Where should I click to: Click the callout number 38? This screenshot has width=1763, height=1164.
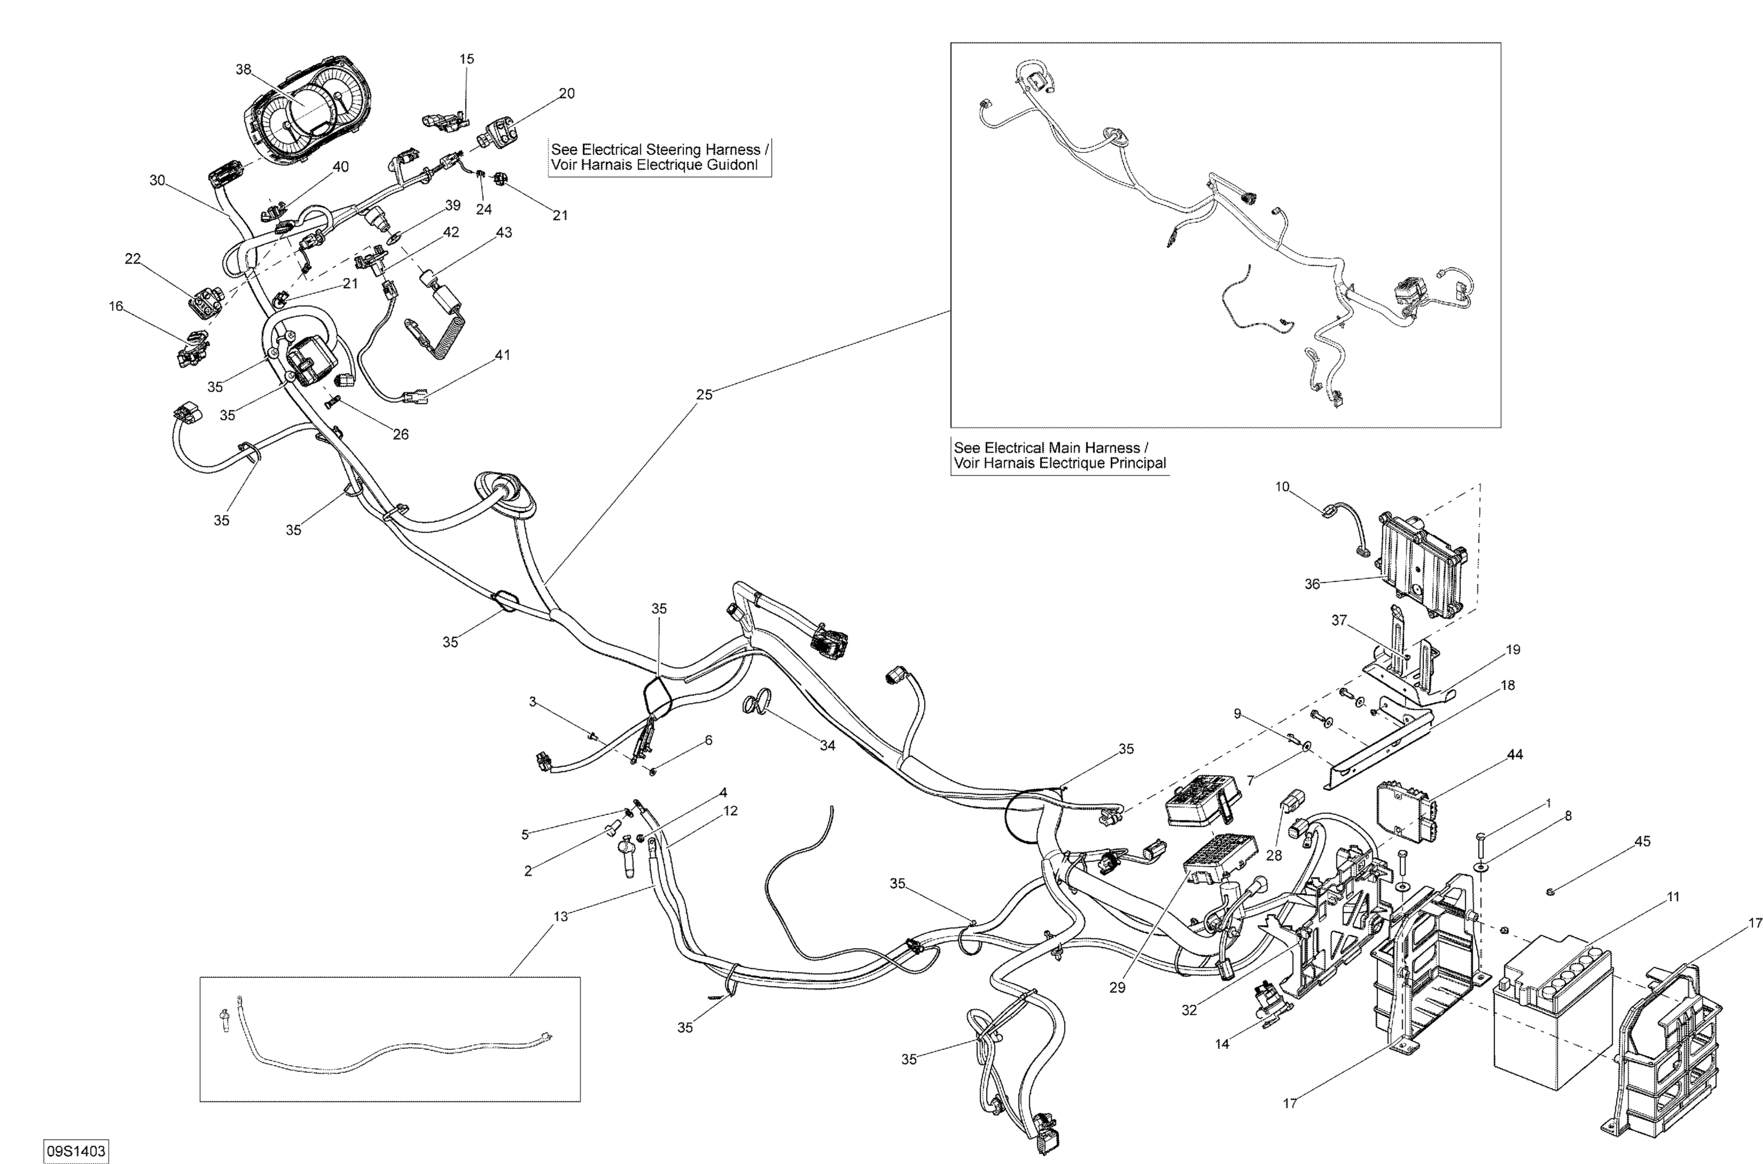(243, 69)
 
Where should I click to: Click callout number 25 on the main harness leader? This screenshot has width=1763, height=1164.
(703, 394)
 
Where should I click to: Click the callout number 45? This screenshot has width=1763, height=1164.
(1642, 841)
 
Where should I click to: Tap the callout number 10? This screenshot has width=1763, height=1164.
(1282, 487)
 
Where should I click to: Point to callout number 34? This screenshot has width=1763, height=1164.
(827, 745)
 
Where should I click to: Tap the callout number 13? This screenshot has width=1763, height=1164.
(561, 916)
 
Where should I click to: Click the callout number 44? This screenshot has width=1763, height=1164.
(1514, 754)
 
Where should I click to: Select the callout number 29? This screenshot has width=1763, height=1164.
(1117, 987)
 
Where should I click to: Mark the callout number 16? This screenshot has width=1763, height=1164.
(116, 306)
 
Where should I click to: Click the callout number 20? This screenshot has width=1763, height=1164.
(567, 93)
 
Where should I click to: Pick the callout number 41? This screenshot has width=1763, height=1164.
(502, 355)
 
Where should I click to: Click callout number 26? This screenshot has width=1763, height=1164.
(400, 434)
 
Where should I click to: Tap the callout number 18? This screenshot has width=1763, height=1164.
(1507, 685)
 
